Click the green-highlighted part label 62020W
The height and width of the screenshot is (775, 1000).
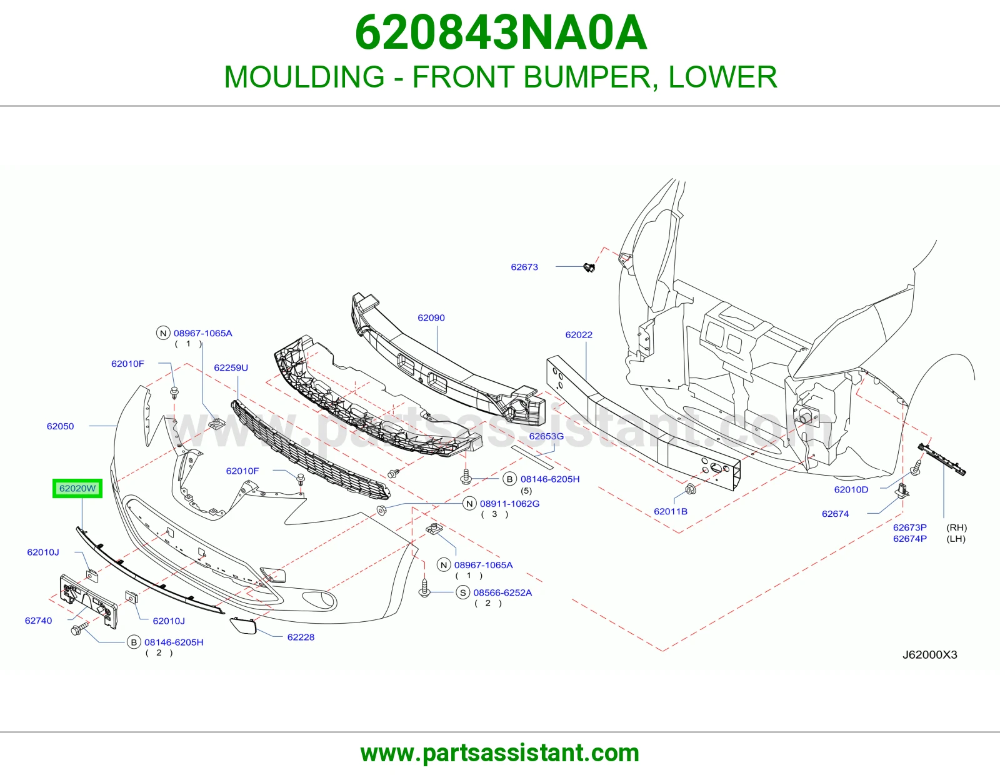(77, 488)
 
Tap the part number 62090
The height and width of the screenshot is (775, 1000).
(431, 317)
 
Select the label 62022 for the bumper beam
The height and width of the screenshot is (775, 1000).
(579, 334)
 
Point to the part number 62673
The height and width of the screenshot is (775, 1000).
(524, 267)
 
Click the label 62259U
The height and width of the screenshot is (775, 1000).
(231, 367)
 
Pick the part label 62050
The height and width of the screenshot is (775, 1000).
(60, 426)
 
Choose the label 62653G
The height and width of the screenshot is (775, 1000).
(546, 436)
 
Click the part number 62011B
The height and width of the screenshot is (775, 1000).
(671, 511)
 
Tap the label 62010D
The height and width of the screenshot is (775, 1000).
(851, 489)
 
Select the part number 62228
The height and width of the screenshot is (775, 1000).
(301, 637)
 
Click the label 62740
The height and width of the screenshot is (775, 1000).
(38, 621)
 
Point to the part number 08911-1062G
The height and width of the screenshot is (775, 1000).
(509, 504)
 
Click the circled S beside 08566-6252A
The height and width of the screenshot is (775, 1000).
(463, 592)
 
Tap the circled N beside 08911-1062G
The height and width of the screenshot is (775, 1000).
(469, 504)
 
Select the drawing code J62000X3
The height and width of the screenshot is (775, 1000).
(929, 654)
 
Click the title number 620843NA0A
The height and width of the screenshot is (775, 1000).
(501, 32)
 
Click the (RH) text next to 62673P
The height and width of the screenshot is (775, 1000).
(956, 527)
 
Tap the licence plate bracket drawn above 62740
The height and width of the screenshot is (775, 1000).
(88, 601)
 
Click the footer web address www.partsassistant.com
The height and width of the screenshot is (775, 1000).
(500, 753)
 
